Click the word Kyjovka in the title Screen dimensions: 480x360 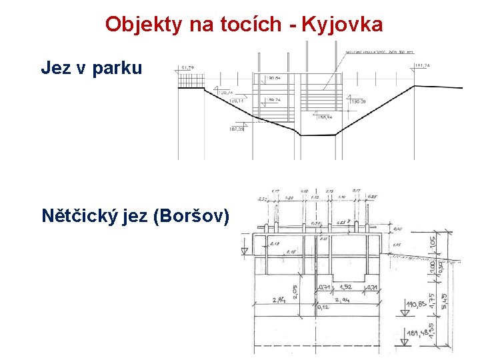[x=343, y=25]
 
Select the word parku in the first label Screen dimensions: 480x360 [x=117, y=68]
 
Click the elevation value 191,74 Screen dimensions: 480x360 [x=423, y=66]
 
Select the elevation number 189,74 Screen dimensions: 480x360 [x=273, y=99]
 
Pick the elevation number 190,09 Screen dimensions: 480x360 [x=358, y=101]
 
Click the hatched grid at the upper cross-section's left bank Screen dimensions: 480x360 [x=189, y=79]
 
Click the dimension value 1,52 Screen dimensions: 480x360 [x=344, y=287]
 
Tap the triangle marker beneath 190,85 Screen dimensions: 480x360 [x=405, y=312]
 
